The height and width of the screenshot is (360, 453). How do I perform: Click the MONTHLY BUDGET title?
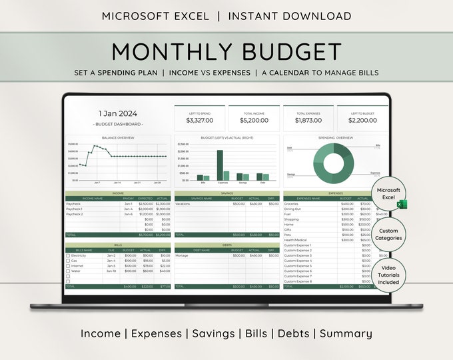(x=226, y=51)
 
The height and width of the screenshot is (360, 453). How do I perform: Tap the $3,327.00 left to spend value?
(x=199, y=120)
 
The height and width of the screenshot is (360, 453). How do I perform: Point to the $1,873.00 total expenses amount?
(x=308, y=120)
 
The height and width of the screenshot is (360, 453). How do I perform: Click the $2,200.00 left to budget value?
(x=362, y=120)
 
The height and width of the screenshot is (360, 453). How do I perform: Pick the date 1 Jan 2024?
(x=118, y=113)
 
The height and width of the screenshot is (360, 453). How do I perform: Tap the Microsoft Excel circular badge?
(x=390, y=194)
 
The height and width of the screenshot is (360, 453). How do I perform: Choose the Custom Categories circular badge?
(x=390, y=234)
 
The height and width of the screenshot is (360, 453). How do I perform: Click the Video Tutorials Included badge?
(x=390, y=273)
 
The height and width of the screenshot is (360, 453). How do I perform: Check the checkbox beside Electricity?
(x=68, y=255)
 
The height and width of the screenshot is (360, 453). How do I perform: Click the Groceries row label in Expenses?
(x=291, y=203)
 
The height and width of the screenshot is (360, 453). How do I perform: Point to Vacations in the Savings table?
(x=183, y=203)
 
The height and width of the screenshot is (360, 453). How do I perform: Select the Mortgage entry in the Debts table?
(x=182, y=255)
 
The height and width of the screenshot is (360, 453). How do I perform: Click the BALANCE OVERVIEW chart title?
(x=118, y=138)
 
